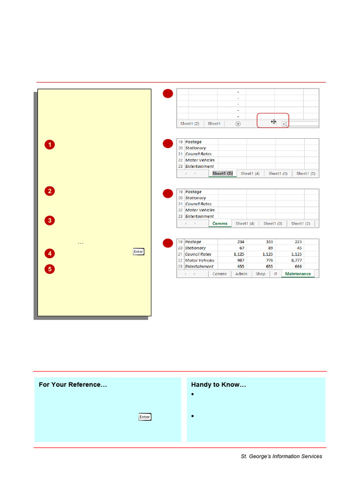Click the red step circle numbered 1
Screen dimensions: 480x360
click(50, 145)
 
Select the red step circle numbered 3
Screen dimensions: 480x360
click(50, 220)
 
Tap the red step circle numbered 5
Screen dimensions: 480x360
click(50, 269)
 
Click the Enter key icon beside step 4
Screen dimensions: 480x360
click(138, 252)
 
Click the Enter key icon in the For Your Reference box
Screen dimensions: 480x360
click(144, 417)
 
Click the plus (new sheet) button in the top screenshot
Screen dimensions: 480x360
click(238, 124)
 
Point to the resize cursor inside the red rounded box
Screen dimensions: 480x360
click(273, 122)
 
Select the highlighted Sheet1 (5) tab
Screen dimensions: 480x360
click(222, 173)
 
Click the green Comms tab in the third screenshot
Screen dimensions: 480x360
click(220, 224)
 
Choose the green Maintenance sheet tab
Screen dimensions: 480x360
click(298, 274)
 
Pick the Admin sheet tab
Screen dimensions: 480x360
click(241, 274)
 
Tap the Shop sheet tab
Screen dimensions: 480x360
click(261, 274)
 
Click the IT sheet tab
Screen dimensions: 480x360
click(276, 274)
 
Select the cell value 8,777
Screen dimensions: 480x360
click(295, 260)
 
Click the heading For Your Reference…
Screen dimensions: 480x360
click(73, 385)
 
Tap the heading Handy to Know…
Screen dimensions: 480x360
click(218, 385)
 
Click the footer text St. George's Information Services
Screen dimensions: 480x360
click(281, 456)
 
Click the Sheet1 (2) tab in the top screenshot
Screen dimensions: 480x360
click(190, 124)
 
